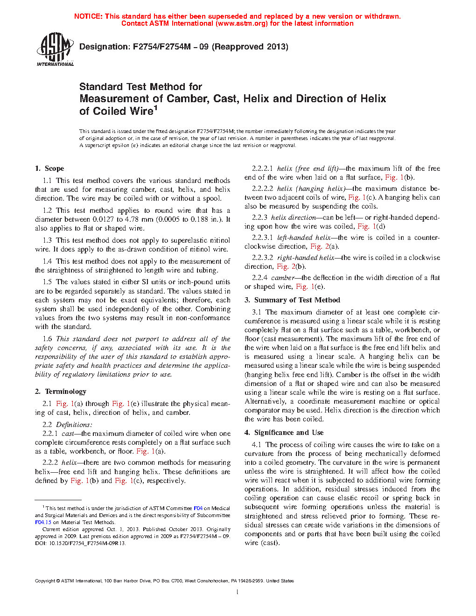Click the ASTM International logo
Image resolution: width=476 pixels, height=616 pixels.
coord(55,49)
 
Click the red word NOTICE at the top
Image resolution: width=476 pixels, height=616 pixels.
coord(88,16)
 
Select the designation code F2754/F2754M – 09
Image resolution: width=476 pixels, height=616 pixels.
coord(171,47)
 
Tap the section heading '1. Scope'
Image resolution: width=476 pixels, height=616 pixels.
coord(49,168)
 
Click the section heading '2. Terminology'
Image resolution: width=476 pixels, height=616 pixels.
coord(61,392)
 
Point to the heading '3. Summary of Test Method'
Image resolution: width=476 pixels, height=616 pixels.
coord(292,300)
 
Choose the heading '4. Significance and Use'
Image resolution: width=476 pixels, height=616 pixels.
coord(284,433)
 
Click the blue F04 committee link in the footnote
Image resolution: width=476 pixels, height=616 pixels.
coord(198,508)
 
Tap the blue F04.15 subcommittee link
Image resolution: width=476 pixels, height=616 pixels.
coord(43,522)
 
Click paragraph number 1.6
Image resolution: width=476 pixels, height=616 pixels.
coord(47,339)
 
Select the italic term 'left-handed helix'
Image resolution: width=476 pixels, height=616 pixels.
coord(304,238)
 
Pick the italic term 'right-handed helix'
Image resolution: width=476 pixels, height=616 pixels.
coord(306,258)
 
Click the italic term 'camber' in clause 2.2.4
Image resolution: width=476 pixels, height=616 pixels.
coord(283,278)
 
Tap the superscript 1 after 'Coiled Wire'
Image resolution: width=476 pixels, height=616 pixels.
coord(156,108)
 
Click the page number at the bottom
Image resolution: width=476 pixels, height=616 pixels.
coord(238,592)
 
